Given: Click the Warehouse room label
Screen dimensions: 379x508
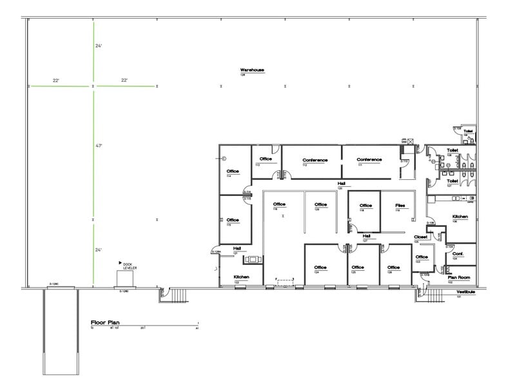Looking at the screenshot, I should (x=252, y=70).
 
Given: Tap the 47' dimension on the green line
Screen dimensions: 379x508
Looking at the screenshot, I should (x=99, y=146).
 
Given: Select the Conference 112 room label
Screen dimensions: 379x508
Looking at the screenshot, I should (x=315, y=160).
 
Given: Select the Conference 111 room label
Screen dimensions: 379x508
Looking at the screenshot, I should (x=369, y=160).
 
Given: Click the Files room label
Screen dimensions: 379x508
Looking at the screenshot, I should (x=400, y=205).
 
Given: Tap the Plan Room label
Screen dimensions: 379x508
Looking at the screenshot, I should (x=458, y=278).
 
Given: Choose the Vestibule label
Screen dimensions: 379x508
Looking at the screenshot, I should (x=465, y=292).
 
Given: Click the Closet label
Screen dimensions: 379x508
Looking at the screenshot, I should (x=420, y=237).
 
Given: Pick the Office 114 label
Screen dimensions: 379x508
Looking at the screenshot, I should (x=233, y=171).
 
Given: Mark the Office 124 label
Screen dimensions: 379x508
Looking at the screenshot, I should (x=320, y=267).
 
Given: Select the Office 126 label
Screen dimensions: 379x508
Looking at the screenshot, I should (x=393, y=267).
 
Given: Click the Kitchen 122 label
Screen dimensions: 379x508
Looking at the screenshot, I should (x=241, y=277).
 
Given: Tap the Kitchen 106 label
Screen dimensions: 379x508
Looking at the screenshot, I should (x=460, y=217).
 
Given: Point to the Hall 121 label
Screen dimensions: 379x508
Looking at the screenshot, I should (x=237, y=248).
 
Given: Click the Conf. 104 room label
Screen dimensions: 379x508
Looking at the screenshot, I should (x=458, y=253).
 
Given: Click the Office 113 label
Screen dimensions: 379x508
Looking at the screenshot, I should (x=266, y=159).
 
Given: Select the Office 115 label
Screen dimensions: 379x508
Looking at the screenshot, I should (x=233, y=220).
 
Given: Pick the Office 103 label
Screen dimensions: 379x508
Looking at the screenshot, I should (x=422, y=258).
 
